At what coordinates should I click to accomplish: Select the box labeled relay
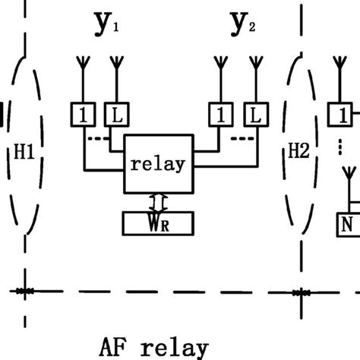(158, 164)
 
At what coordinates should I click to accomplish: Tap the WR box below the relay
(158, 223)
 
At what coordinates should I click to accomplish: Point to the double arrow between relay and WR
(157, 201)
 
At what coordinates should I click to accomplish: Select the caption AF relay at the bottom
(153, 347)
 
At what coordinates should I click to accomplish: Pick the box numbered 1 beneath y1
(84, 115)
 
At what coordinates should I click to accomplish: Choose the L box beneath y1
(116, 115)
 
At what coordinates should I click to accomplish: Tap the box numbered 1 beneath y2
(219, 115)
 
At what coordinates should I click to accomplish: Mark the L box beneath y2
(254, 115)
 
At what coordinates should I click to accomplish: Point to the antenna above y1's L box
(116, 68)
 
